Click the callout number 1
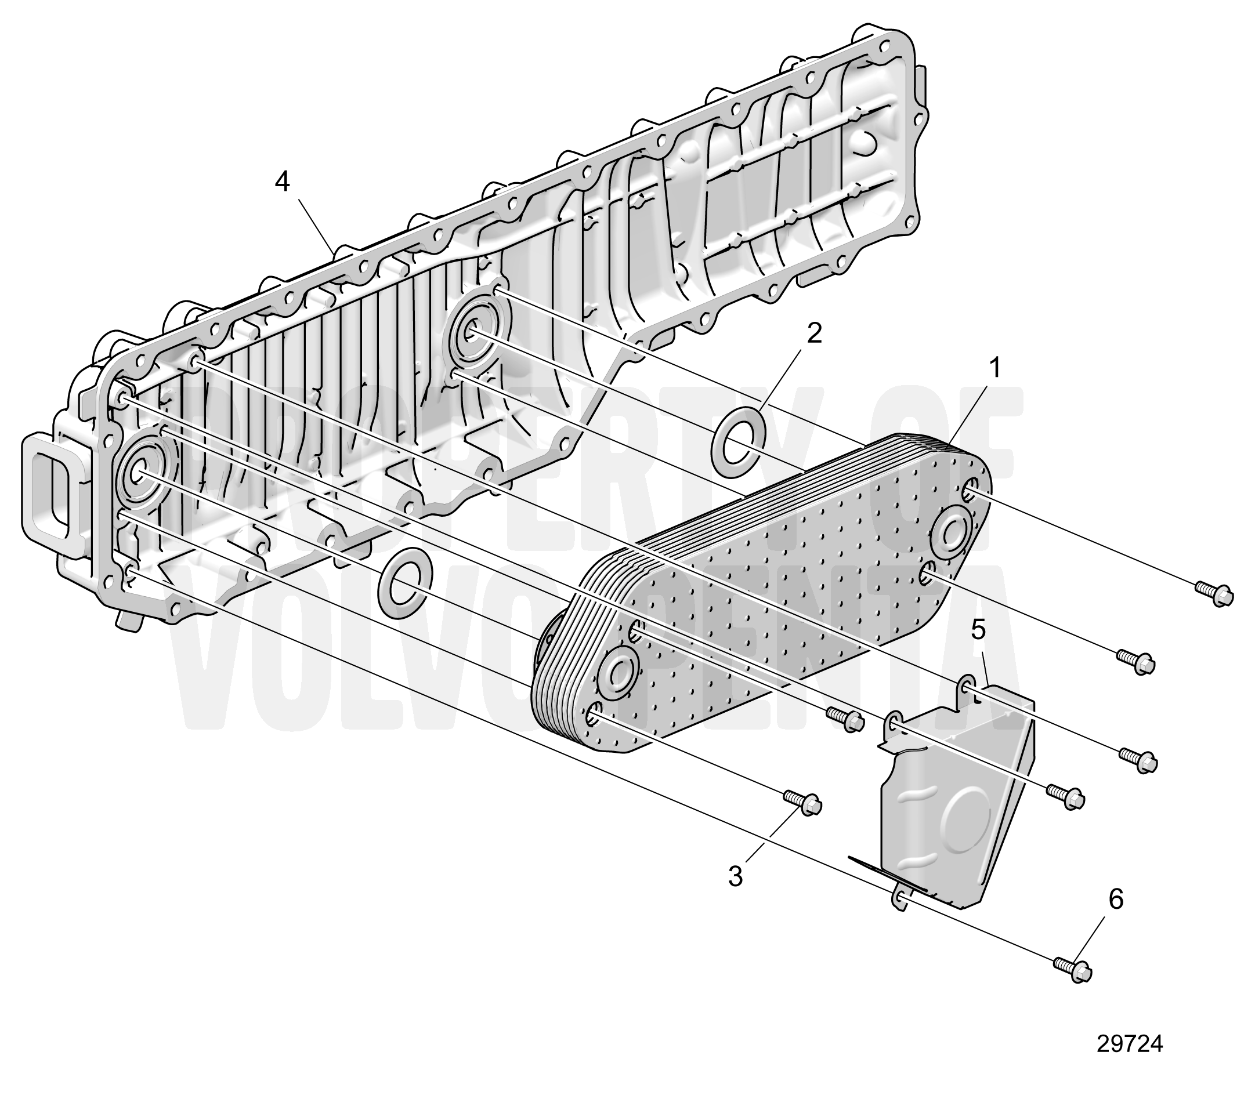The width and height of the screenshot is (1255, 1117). tap(995, 368)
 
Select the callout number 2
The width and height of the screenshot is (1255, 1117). tap(813, 333)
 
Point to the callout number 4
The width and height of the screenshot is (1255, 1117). tap(282, 182)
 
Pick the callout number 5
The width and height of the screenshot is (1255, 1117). tap(978, 629)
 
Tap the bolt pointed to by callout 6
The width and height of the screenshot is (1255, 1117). tap(1073, 970)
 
